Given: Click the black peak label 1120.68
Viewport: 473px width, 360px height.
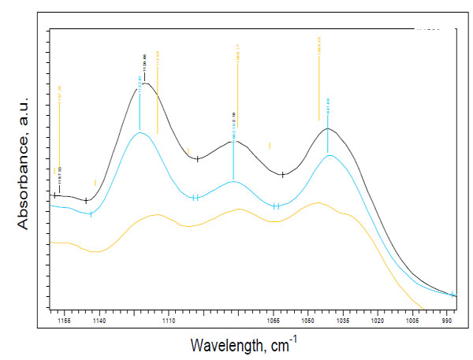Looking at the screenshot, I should pos(145,61).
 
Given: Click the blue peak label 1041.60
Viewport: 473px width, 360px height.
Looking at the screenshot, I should pos(328,104).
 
